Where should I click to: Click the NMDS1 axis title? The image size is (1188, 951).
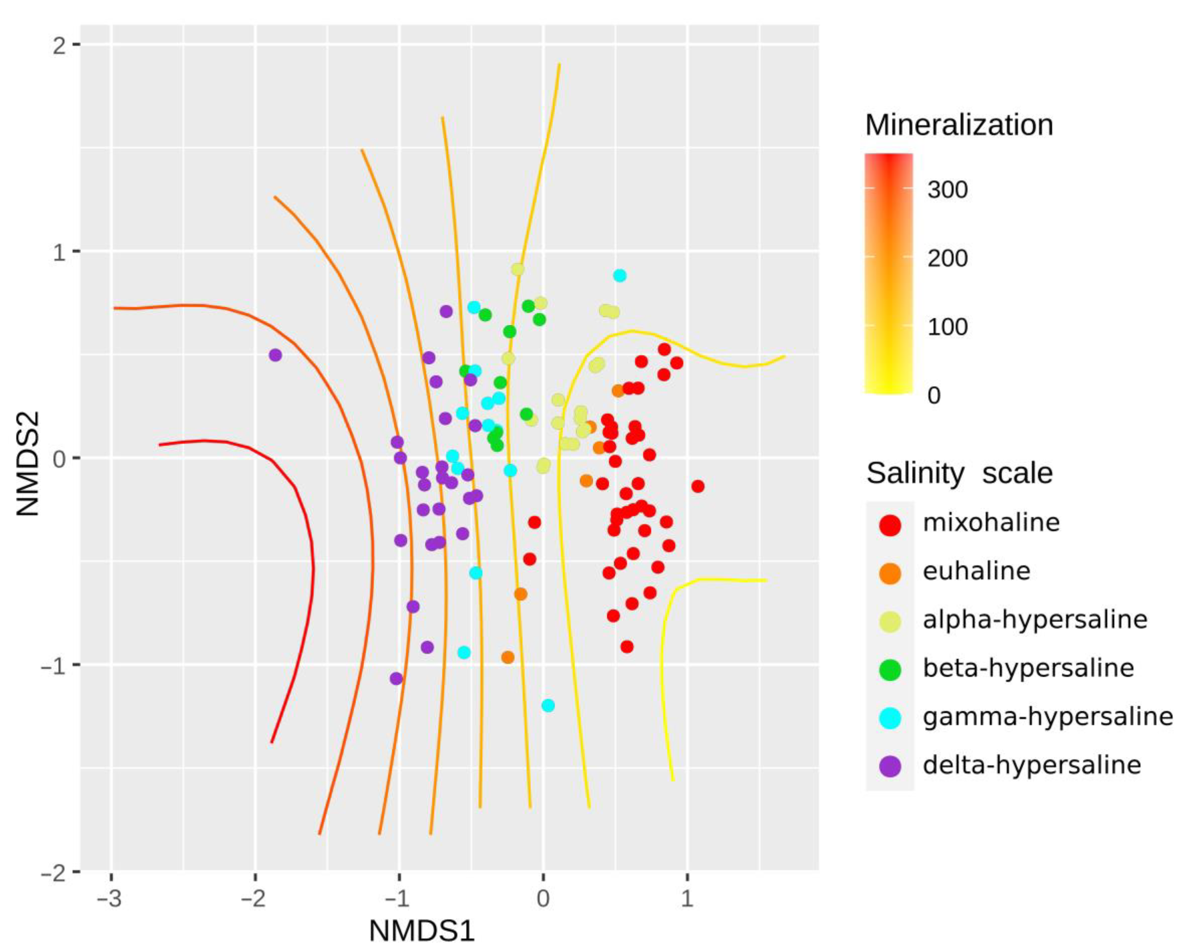point(422,931)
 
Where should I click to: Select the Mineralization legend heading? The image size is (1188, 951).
point(959,125)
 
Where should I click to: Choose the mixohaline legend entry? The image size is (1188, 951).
point(991,522)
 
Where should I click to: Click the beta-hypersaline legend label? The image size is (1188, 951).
point(1028,668)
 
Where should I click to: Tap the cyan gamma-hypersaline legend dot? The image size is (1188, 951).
point(890,718)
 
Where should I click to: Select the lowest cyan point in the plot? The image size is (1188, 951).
point(548,705)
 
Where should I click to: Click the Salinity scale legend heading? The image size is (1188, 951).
point(959,473)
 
